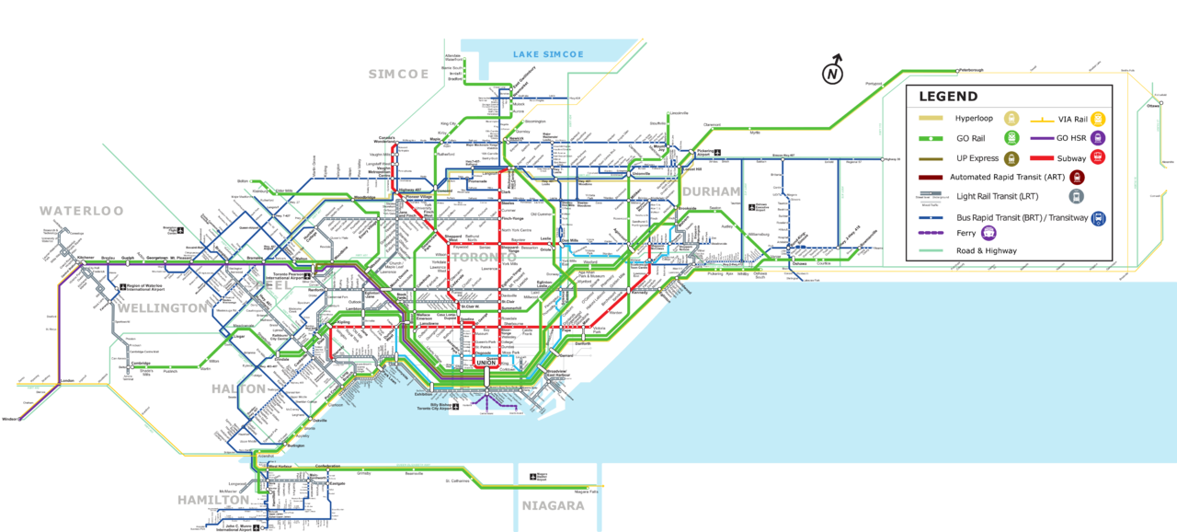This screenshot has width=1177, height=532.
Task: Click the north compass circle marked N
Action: coord(832,75)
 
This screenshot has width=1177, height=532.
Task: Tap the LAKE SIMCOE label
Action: coord(548,55)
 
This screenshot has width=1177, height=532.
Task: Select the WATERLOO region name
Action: coord(81,211)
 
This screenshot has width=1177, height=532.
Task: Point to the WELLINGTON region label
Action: coord(162,307)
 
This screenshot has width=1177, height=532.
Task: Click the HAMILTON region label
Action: coord(213,500)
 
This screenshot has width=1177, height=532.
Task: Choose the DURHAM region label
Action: coord(711,191)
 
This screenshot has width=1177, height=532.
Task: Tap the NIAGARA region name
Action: coord(553,505)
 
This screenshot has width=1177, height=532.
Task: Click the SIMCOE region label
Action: coord(398,75)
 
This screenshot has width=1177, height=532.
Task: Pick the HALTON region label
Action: coord(238,388)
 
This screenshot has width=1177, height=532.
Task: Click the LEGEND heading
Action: coord(943,97)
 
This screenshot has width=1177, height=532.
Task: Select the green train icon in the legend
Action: coord(1011,138)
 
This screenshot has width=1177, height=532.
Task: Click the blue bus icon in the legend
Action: coord(1097,219)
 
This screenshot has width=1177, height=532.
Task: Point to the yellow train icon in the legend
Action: coord(1097,119)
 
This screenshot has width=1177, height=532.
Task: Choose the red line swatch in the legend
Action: coord(1041,158)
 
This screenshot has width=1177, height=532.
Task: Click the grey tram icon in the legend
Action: coord(1077,196)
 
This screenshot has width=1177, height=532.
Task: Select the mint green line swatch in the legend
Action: coord(931,249)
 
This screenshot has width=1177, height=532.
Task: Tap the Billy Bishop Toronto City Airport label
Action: coord(434,406)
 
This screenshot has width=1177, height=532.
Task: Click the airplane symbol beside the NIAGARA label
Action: coord(532,477)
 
